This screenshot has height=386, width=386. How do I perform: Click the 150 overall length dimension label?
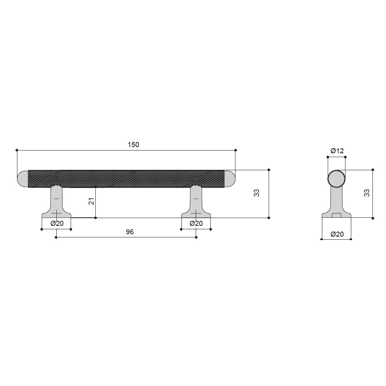[x=134, y=144]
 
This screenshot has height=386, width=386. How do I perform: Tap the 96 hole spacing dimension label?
[x=130, y=232]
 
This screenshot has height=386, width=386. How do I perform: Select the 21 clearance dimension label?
[x=91, y=201]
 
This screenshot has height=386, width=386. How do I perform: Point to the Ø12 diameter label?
[x=337, y=151]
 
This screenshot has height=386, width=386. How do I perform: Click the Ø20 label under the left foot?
[x=57, y=223]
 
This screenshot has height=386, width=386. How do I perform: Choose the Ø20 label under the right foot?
[x=196, y=223]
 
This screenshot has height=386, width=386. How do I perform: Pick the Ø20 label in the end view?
[x=337, y=234]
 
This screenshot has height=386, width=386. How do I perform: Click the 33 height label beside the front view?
[x=257, y=193]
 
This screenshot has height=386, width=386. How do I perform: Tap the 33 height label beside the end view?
[x=367, y=193]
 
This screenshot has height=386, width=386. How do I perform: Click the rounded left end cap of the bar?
[x=23, y=179]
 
